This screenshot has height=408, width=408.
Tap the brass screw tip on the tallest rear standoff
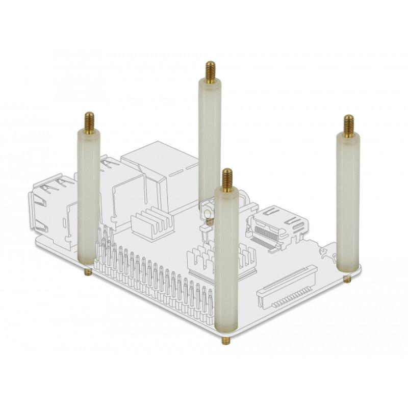(x=210, y=71)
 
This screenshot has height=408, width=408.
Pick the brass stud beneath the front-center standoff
(x=225, y=340)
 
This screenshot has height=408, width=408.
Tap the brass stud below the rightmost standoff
(x=347, y=279)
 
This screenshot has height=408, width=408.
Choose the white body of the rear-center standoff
(x=209, y=138)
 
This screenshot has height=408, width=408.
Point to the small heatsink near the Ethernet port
(x=152, y=221)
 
